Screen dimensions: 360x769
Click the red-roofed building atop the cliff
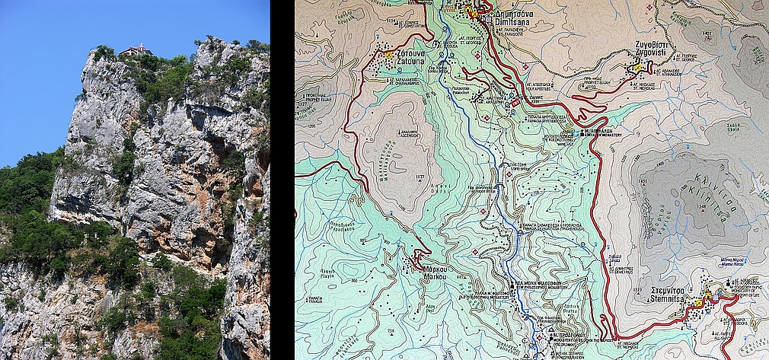(x=136, y=50)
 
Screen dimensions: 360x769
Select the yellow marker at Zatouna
(x=389, y=55)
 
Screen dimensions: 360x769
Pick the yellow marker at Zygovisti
(x=638, y=68)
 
